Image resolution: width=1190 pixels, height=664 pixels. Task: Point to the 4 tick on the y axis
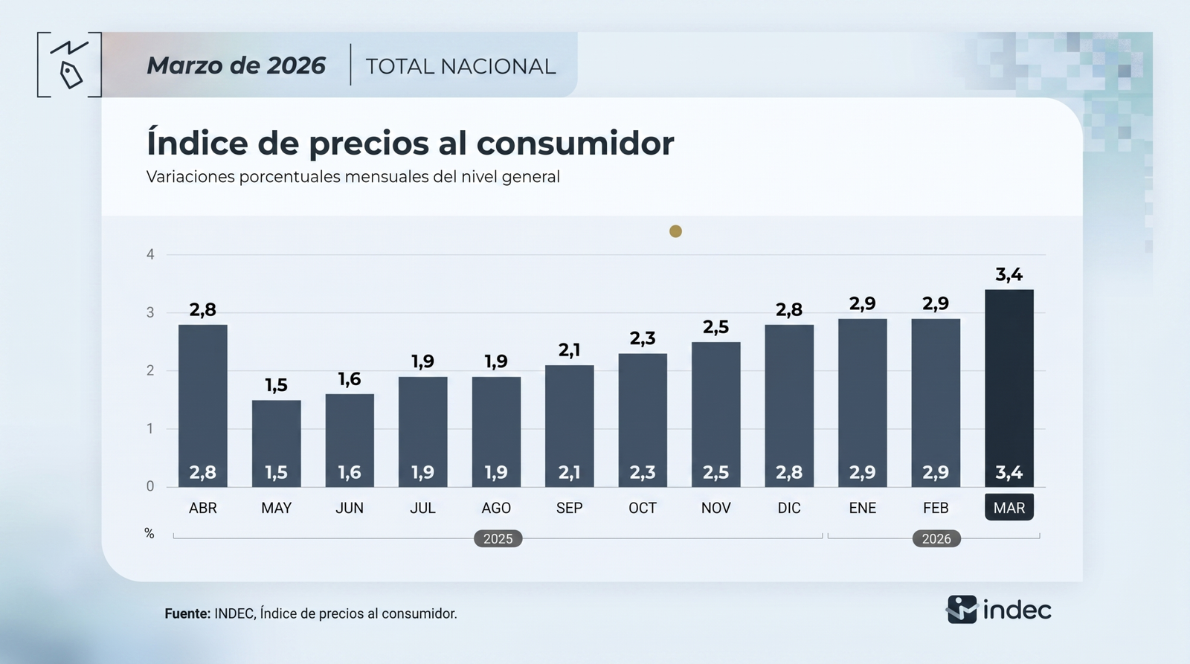(150, 254)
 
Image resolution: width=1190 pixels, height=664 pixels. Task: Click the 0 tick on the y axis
(150, 486)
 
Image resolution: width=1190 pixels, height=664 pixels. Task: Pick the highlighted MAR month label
(1009, 508)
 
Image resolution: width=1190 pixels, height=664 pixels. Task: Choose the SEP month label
(569, 508)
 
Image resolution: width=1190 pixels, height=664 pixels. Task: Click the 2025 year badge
(498, 538)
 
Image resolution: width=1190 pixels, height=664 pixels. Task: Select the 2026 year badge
(936, 538)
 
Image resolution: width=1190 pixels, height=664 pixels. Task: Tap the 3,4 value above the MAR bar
(1009, 274)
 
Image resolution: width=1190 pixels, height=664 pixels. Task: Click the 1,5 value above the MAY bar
(276, 385)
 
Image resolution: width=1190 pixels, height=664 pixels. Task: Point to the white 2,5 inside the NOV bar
(715, 472)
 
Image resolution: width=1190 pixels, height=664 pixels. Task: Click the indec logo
(999, 610)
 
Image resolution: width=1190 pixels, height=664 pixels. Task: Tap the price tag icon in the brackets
(71, 74)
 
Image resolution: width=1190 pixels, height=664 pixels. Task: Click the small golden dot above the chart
(675, 231)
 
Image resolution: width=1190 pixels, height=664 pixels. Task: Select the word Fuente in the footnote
(187, 613)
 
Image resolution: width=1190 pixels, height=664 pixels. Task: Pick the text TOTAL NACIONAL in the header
(460, 66)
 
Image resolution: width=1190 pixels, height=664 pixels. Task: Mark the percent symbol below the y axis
(149, 534)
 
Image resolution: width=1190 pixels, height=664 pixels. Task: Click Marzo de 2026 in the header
(236, 65)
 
